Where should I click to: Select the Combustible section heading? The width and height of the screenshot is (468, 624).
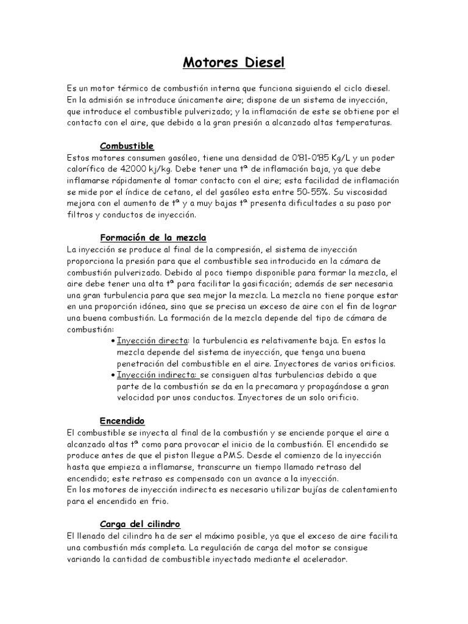click(127, 146)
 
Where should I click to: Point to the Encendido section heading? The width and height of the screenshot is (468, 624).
click(122, 420)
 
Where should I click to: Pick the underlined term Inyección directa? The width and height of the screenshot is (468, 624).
click(152, 341)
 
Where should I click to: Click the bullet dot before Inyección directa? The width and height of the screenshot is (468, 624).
click(113, 341)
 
